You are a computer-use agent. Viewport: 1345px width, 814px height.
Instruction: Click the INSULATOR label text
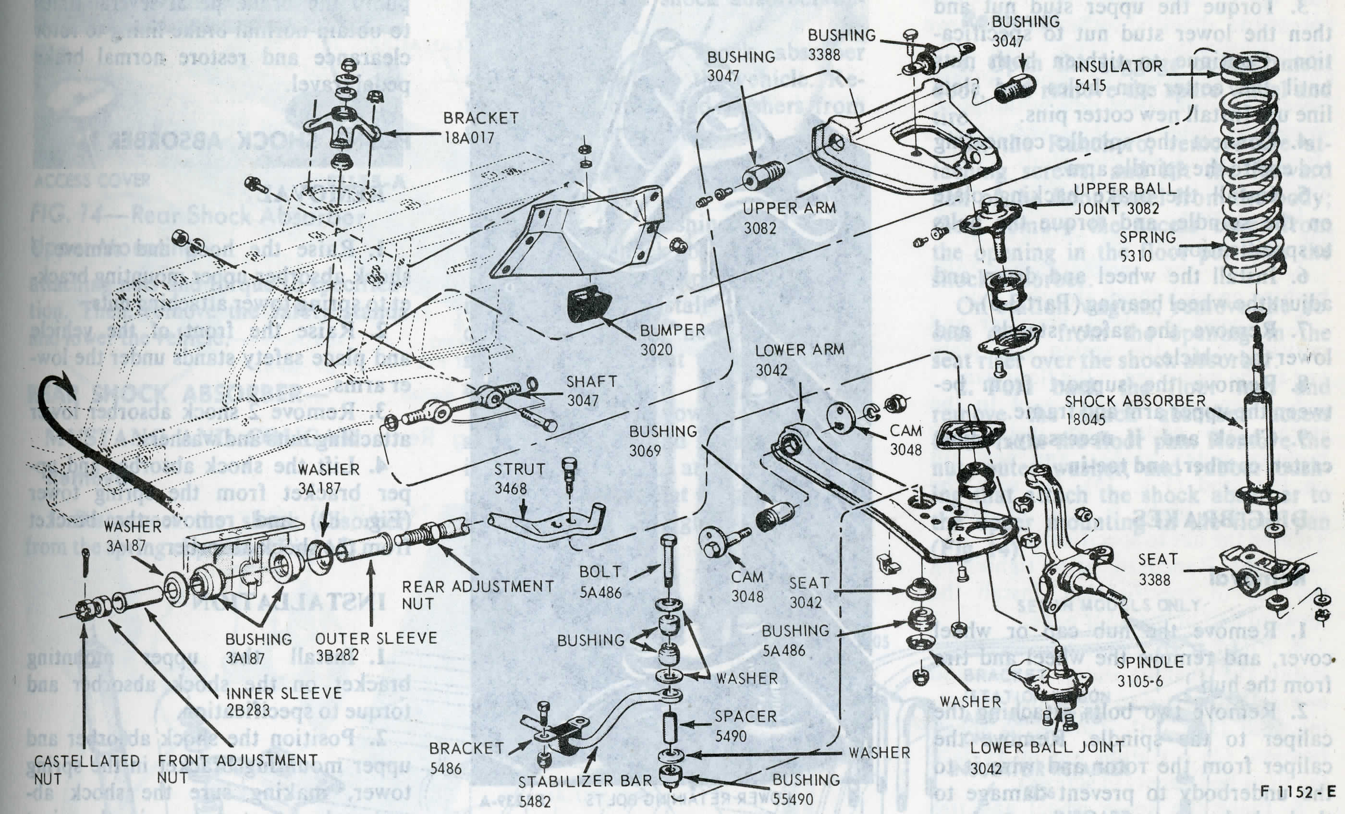pos(1118,67)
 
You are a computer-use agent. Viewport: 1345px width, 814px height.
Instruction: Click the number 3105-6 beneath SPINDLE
pos(1140,681)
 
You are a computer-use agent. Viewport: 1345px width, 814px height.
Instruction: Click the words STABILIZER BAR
pos(585,782)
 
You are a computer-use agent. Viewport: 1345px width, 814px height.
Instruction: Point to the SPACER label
pos(746,717)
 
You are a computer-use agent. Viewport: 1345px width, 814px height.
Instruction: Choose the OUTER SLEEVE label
pos(376,638)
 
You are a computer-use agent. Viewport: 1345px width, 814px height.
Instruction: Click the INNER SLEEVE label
pos(284,693)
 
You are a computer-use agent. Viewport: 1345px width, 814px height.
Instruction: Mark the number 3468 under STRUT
pos(510,488)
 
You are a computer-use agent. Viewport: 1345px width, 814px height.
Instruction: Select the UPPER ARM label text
pos(789,208)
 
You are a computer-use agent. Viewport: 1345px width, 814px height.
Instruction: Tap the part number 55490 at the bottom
pos(793,799)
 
